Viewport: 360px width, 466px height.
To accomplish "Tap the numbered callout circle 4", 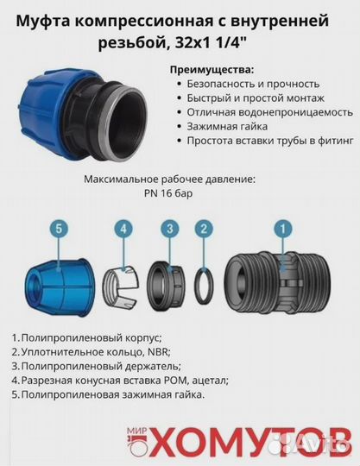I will pos(124,229).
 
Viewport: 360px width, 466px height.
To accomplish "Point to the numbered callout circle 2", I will pos(204,229).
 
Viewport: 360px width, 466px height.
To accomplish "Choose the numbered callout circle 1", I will pos(281,229).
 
